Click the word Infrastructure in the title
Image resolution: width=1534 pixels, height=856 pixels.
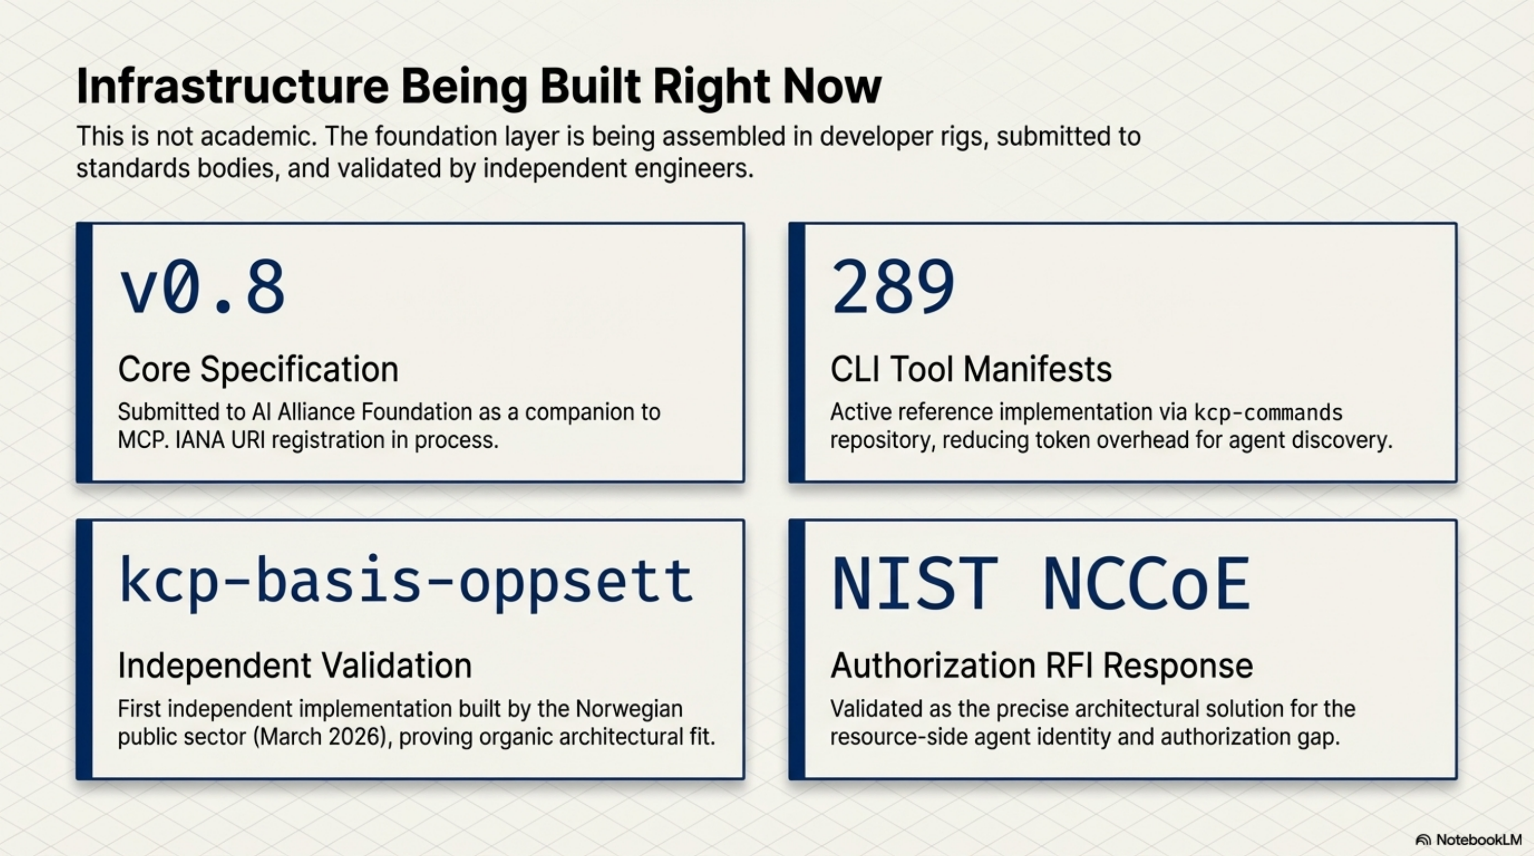232,87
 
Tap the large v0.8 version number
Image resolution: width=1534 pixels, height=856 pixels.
202,289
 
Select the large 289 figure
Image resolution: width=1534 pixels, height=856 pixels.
892,289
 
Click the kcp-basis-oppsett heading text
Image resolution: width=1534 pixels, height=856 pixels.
406,580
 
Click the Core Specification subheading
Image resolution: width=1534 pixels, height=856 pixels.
258,369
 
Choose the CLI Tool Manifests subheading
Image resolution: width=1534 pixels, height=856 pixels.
971,369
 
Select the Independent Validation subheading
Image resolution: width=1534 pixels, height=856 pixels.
295,666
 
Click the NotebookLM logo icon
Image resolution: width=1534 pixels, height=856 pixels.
1423,840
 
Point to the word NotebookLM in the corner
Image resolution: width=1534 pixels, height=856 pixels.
1478,840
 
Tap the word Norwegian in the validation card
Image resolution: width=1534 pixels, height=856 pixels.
629,709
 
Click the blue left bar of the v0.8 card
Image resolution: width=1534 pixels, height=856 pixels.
85,353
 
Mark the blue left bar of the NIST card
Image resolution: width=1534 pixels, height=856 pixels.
797,649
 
